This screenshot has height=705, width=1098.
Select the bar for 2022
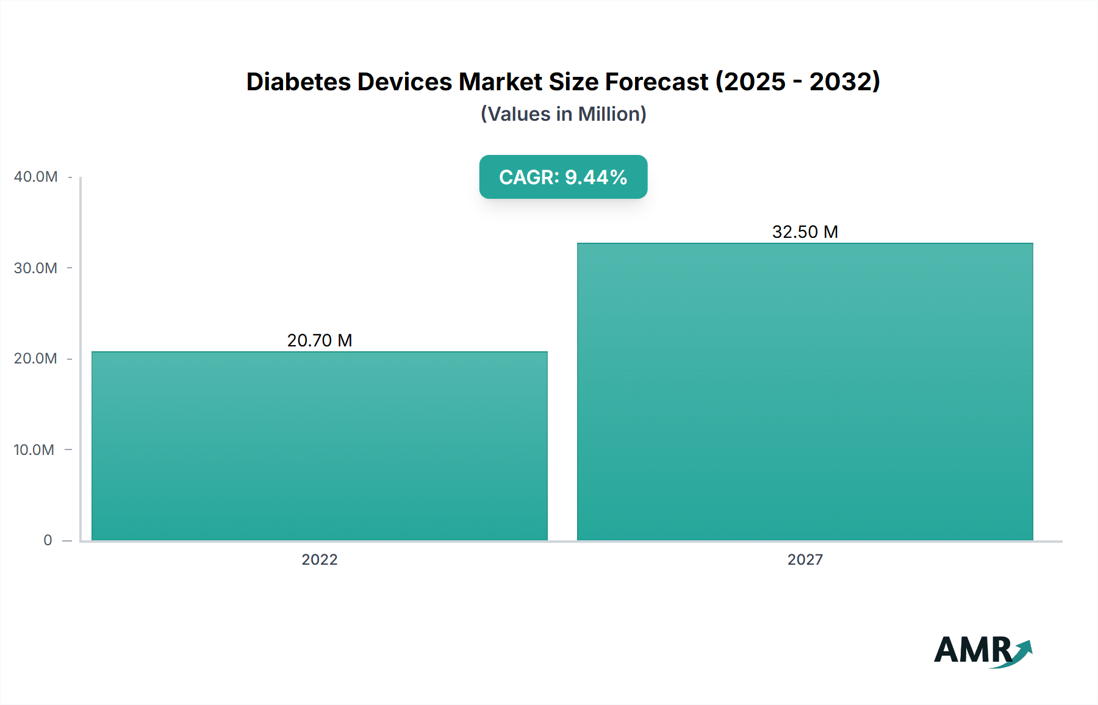point(320,446)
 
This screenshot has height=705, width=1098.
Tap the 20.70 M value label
point(320,340)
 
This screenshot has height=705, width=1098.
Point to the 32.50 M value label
point(805,232)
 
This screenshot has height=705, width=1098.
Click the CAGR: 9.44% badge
point(563,177)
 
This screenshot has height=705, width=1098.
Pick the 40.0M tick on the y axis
point(36,177)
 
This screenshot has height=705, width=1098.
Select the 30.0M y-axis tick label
point(36,268)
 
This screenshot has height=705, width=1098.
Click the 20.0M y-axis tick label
point(36,359)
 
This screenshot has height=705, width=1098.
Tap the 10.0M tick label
point(34,449)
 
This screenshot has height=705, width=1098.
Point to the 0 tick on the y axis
point(48,540)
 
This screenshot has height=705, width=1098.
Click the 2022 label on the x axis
point(320,559)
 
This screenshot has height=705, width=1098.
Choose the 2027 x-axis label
point(805,559)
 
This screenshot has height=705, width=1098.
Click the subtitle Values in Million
point(563,114)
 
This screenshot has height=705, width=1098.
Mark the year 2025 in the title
point(755,82)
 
